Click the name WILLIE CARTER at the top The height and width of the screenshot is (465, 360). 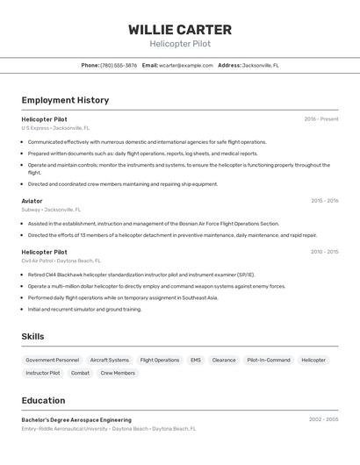coord(180,29)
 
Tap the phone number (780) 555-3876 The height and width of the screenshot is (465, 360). coord(119,65)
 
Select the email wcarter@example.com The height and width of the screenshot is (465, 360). coord(186,65)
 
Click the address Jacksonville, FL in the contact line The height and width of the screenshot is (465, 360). coord(261,65)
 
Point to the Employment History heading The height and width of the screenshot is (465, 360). coord(65,100)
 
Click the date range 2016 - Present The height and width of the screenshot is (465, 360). coord(321,119)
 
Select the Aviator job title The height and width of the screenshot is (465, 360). coord(32,201)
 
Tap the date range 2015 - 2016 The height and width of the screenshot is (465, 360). coord(324,201)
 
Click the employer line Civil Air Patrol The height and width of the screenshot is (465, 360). coord(61,261)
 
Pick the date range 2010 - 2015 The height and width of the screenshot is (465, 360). coord(324,252)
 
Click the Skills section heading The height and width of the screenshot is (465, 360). coord(32,336)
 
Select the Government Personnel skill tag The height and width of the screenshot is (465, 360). coord(53,360)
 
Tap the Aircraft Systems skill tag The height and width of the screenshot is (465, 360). coord(110,360)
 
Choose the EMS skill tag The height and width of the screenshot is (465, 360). coord(195,360)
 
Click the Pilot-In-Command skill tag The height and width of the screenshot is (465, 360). coord(268,360)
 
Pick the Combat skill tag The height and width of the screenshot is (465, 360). coord(80,373)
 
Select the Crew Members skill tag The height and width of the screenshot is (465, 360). coord(118,373)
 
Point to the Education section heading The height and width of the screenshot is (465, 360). coord(43,400)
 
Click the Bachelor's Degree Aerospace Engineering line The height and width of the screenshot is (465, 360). coord(76,420)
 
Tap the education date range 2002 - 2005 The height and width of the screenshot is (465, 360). coord(323,420)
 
